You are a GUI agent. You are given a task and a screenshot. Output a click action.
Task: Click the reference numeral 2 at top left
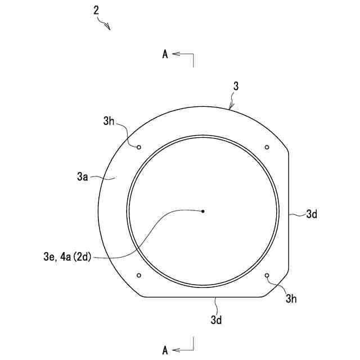coord(96,11)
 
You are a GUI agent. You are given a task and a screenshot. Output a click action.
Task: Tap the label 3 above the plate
coord(236,86)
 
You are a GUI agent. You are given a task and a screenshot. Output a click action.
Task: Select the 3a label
coord(83,177)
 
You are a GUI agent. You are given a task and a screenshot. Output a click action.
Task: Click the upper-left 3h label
coord(109,121)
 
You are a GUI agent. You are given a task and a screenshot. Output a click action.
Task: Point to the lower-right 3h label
coord(291,299)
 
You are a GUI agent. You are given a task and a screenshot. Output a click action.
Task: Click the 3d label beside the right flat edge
coord(312,214)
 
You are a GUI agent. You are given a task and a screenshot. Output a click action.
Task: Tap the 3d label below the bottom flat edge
coord(216,320)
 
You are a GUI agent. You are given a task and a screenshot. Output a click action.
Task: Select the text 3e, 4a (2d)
coord(67,256)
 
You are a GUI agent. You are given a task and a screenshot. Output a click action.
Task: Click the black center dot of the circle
coord(202,211)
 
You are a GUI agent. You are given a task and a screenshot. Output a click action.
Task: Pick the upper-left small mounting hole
coord(139,147)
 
